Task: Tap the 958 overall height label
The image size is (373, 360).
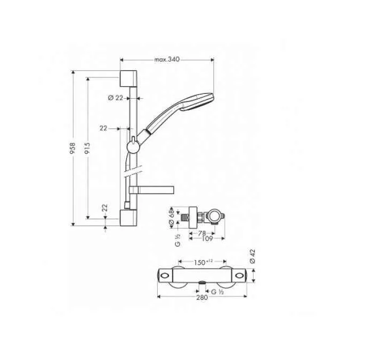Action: point(74,149)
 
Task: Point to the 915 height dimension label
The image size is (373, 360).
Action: point(87,149)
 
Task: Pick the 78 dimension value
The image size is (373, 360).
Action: point(202,233)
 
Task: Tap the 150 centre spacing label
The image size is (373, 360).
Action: point(201,262)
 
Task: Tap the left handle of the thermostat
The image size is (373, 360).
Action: point(166,275)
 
